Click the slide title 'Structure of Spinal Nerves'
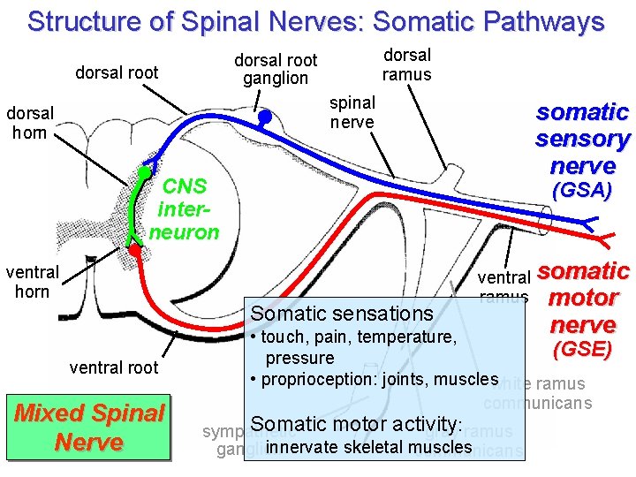(x=315, y=21)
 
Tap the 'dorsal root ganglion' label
(x=276, y=69)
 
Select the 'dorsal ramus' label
(x=406, y=64)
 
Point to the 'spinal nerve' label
(x=352, y=112)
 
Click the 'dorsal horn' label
(x=30, y=123)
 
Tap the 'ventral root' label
(x=114, y=367)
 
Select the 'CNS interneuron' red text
(x=185, y=209)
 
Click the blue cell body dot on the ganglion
(x=263, y=115)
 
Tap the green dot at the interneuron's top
(x=143, y=171)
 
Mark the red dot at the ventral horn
(x=134, y=250)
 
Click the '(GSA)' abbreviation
(x=581, y=191)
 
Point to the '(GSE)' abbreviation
(x=581, y=349)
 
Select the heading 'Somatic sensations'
(x=342, y=314)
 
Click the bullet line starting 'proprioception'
(x=375, y=380)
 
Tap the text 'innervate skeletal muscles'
(x=368, y=447)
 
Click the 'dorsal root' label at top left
(x=117, y=72)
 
